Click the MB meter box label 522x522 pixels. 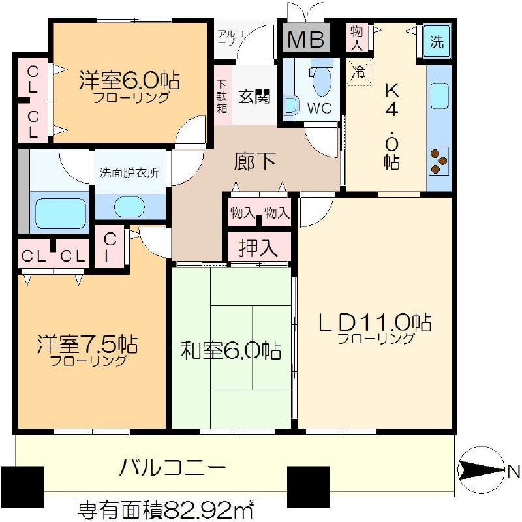tap(305, 39)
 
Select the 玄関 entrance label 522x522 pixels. tap(254, 97)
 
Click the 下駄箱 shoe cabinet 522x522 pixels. tap(222, 95)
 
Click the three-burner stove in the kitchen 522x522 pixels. tap(438, 161)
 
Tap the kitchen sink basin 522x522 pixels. tap(439, 96)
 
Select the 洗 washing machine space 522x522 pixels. tap(437, 42)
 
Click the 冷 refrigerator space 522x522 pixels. tap(360, 72)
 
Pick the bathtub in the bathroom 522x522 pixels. tap(61, 213)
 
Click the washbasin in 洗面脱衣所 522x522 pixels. tap(129, 206)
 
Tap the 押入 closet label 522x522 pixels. tap(258, 247)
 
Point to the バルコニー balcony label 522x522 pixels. tap(173, 468)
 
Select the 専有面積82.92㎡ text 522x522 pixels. tap(166, 510)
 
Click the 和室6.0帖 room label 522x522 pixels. tap(231, 350)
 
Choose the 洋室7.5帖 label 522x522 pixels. tap(87, 345)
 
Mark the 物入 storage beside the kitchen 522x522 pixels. tap(357, 38)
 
